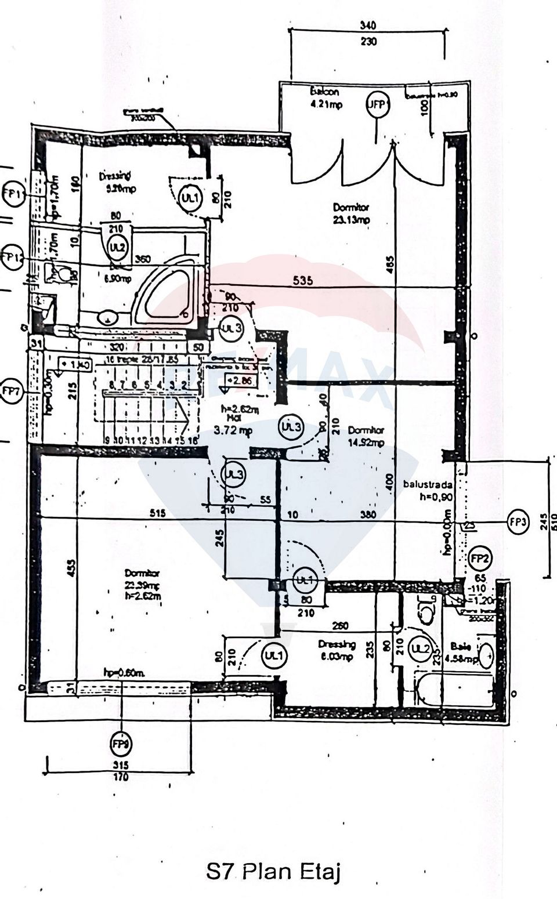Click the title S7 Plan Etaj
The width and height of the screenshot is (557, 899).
pyautogui.click(x=273, y=872)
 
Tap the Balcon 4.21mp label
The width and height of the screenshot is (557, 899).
pyautogui.click(x=325, y=98)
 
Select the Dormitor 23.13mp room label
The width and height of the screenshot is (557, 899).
pyautogui.click(x=351, y=213)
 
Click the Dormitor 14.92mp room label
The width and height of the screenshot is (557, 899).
pyautogui.click(x=366, y=436)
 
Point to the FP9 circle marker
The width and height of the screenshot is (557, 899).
pyautogui.click(x=121, y=743)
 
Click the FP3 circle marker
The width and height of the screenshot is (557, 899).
pyautogui.click(x=518, y=521)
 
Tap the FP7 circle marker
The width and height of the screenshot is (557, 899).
pyautogui.click(x=11, y=390)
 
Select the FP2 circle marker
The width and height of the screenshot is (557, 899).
pyautogui.click(x=480, y=559)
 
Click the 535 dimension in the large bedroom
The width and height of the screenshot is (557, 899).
pyautogui.click(x=302, y=281)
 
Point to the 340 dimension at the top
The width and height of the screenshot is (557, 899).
pyautogui.click(x=368, y=26)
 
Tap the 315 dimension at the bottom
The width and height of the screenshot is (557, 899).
pyautogui.click(x=121, y=765)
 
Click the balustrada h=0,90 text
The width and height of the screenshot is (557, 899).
pyautogui.click(x=428, y=490)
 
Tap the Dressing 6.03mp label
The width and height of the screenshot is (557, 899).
pyautogui.click(x=337, y=650)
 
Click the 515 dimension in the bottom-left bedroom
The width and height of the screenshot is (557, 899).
pyautogui.click(x=158, y=513)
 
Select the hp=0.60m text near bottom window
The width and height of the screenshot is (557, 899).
pyautogui.click(x=124, y=672)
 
